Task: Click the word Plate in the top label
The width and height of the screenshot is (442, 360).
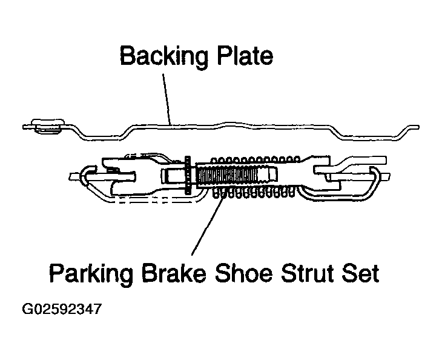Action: [x=245, y=55]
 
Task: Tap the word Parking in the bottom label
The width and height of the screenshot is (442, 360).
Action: [x=91, y=273]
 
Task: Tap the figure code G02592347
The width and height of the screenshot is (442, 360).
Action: [x=61, y=309]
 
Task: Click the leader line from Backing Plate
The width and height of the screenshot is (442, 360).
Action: [x=167, y=99]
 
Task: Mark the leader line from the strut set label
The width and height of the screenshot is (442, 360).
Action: [x=209, y=224]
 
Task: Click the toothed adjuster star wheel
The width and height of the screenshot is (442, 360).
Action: [x=188, y=175]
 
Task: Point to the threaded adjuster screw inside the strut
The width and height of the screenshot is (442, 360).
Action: [x=236, y=176]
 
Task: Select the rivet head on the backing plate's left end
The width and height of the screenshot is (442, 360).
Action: [x=47, y=126]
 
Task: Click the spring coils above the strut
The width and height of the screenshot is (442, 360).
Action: [x=255, y=159]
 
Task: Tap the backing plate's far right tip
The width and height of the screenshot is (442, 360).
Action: [x=419, y=127]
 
